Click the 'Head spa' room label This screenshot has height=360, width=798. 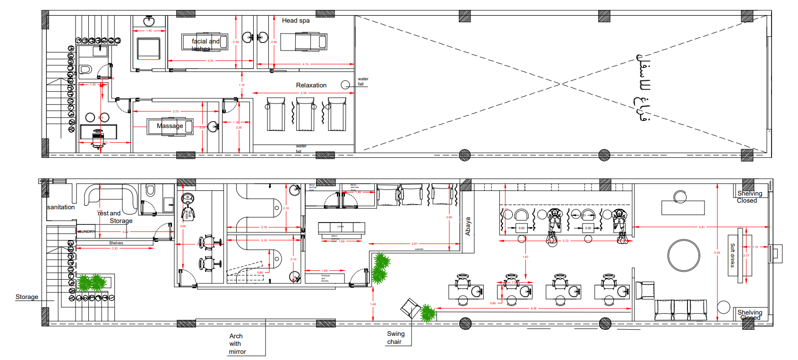(296, 20)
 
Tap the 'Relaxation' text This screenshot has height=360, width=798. (311, 85)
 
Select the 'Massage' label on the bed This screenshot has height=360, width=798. (170, 126)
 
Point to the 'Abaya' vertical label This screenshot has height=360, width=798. (468, 226)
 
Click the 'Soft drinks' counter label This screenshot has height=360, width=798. (733, 255)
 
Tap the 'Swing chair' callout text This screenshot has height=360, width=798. (395, 338)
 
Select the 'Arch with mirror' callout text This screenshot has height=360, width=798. (237, 343)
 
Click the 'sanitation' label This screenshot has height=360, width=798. (61, 207)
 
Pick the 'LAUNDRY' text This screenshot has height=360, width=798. (86, 231)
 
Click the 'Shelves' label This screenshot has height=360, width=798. (116, 243)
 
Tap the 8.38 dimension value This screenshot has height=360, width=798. (533, 309)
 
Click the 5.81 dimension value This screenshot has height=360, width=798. (702, 227)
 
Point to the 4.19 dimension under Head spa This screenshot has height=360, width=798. (305, 64)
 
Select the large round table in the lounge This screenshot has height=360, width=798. (684, 255)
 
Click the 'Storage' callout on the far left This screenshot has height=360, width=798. (27, 297)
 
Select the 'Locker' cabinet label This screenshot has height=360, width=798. (341, 226)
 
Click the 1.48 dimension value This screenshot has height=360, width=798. (373, 304)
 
